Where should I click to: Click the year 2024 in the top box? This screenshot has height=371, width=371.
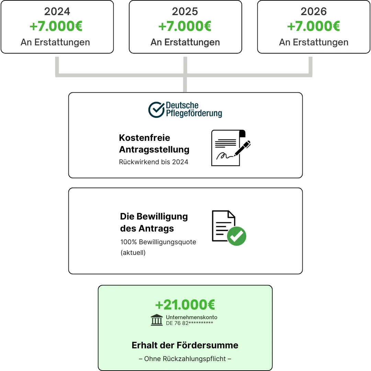click(57, 12)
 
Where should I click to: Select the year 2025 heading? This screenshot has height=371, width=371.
click(185, 12)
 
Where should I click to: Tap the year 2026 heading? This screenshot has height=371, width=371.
click(313, 12)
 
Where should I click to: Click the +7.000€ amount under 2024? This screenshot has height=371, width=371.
click(56, 26)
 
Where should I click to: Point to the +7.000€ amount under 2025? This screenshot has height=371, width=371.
click(185, 26)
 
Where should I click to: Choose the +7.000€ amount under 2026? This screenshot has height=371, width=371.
click(313, 26)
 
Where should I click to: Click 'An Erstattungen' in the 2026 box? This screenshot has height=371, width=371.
click(314, 42)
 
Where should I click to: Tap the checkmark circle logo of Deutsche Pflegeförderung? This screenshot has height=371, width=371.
click(156, 110)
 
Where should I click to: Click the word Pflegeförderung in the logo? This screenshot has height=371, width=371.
click(194, 113)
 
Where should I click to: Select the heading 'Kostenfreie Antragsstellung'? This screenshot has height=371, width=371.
click(154, 144)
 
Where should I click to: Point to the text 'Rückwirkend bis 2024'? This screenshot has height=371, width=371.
click(154, 162)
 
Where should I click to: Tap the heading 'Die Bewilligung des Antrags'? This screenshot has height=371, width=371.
click(154, 222)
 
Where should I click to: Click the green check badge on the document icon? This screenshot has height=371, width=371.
click(237, 236)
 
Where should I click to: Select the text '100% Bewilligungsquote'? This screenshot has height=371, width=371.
click(158, 242)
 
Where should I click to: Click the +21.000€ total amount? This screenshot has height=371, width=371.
click(185, 305)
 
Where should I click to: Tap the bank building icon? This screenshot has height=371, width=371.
click(157, 320)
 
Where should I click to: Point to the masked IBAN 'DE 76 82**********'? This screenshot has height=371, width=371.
click(190, 323)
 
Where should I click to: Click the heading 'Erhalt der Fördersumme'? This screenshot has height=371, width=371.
click(185, 345)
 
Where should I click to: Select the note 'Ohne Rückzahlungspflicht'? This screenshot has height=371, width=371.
click(185, 359)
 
